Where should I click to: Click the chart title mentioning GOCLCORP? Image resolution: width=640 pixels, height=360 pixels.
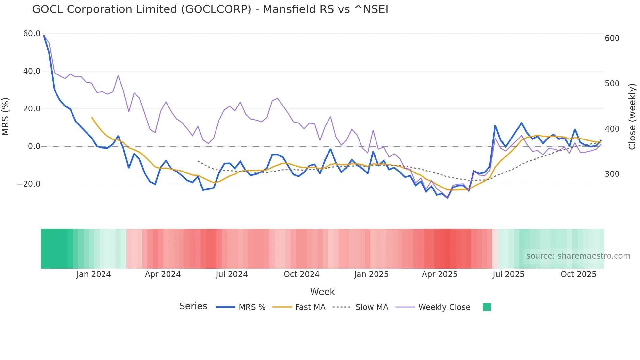tap(210, 9)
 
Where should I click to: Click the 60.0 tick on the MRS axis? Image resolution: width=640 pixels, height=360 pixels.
tap(32, 34)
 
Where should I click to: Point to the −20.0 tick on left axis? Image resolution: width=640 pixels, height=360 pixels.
tap(29, 184)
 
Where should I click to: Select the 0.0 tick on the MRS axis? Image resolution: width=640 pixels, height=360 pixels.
tap(34, 146)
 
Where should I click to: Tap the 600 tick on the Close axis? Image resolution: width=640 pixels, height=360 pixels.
tap(612, 38)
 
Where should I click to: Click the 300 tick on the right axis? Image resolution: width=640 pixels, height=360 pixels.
tap(612, 174)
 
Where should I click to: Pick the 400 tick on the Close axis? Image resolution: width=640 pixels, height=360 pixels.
tap(612, 129)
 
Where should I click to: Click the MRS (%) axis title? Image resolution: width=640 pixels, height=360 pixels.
tap(6, 116)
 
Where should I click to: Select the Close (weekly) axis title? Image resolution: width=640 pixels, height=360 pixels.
tap(632, 116)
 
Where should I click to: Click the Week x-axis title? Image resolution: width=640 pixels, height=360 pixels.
tap(322, 292)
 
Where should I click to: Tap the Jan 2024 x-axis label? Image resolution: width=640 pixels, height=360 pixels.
tap(94, 274)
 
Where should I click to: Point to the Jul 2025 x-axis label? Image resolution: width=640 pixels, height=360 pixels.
tap(508, 274)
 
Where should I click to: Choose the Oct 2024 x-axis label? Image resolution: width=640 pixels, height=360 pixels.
tap(301, 274)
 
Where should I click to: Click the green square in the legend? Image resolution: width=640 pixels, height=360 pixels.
tap(487, 307)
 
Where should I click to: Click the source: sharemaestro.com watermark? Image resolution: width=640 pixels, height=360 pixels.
tap(578, 256)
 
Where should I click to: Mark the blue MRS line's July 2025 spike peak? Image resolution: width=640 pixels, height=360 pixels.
tap(495, 126)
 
